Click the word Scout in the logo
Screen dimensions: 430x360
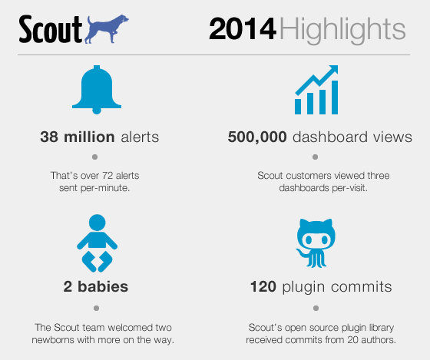(51, 29)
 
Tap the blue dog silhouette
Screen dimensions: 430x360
(107, 29)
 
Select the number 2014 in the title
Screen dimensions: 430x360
(243, 29)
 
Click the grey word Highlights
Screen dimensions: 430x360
(342, 31)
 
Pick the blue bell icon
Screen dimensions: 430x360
(97, 90)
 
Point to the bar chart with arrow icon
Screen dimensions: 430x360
(316, 90)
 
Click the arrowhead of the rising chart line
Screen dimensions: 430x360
(334, 69)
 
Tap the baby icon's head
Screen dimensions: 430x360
(97, 223)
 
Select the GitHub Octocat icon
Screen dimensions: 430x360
(316, 243)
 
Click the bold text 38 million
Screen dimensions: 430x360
(78, 137)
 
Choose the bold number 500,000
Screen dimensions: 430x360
(257, 137)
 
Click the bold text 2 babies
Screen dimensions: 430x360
(96, 286)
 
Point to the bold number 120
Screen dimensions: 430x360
(263, 286)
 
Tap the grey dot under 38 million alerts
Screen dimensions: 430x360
(95, 157)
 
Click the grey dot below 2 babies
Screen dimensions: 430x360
(96, 308)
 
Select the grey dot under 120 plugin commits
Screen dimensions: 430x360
(316, 308)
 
